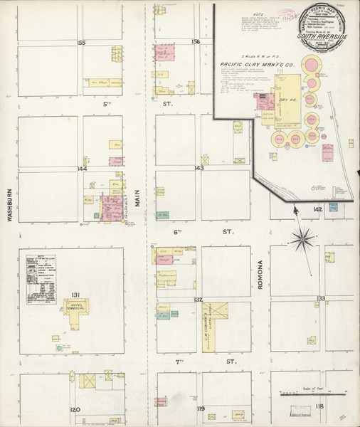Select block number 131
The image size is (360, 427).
point(77,297)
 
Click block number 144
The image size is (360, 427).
point(81,169)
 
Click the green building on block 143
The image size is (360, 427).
point(163,214)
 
